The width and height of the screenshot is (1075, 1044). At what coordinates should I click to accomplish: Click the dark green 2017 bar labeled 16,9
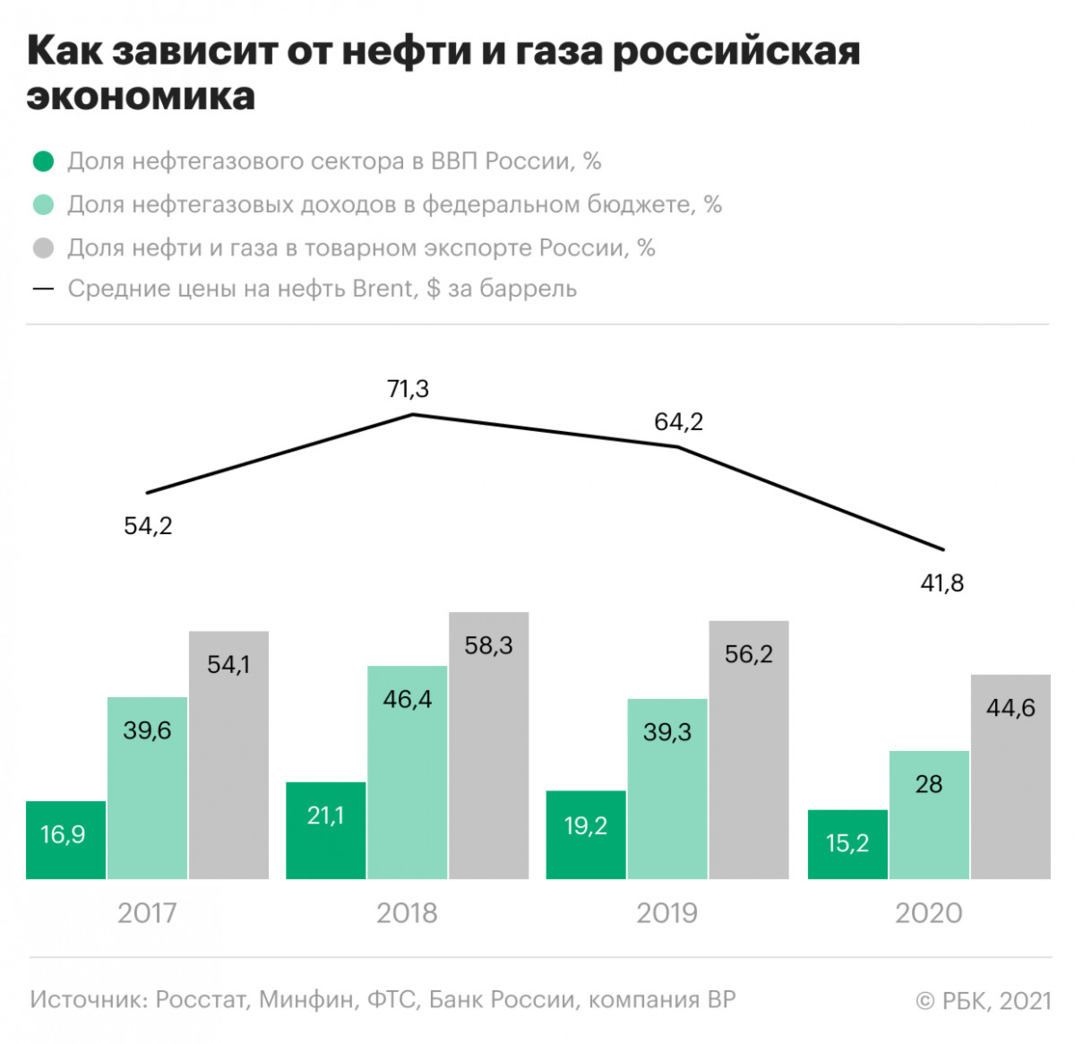pyautogui.click(x=66, y=840)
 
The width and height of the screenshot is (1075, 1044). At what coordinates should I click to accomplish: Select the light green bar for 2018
pyautogui.click(x=407, y=772)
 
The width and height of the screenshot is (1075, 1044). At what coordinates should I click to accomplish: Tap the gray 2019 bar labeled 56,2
pyautogui.click(x=749, y=749)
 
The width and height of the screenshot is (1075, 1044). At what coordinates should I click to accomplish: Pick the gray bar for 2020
pyautogui.click(x=1010, y=776)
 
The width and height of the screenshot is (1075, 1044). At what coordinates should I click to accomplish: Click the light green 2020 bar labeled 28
pyautogui.click(x=929, y=815)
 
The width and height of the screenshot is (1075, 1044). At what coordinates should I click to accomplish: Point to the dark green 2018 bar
pyautogui.click(x=326, y=830)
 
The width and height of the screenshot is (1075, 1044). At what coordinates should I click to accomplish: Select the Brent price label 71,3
pyautogui.click(x=408, y=389)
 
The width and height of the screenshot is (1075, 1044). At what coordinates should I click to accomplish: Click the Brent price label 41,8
pyautogui.click(x=942, y=583)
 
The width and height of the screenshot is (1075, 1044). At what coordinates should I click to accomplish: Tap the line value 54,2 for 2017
pyautogui.click(x=148, y=526)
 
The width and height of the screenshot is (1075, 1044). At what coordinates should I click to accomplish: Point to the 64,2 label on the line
pyautogui.click(x=678, y=422)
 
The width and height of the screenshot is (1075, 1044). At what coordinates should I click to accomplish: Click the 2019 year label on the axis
pyautogui.click(x=666, y=913)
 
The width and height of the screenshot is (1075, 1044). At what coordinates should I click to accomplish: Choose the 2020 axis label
pyautogui.click(x=928, y=913)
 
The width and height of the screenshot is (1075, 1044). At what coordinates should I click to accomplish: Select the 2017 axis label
pyautogui.click(x=147, y=913)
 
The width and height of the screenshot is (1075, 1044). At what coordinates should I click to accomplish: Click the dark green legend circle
pyautogui.click(x=43, y=162)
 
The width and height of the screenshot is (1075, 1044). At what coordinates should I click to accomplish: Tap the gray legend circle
pyautogui.click(x=43, y=248)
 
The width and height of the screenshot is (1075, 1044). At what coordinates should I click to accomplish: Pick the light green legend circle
pyautogui.click(x=43, y=205)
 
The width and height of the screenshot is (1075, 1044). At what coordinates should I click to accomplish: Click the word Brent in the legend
pyautogui.click(x=384, y=289)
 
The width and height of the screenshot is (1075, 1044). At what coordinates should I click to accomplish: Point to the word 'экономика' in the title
pyautogui.click(x=141, y=96)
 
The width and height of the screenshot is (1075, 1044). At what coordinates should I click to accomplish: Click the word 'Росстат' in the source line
pyautogui.click(x=202, y=999)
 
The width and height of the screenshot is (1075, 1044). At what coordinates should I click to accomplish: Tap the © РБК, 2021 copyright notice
pyautogui.click(x=983, y=1000)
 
